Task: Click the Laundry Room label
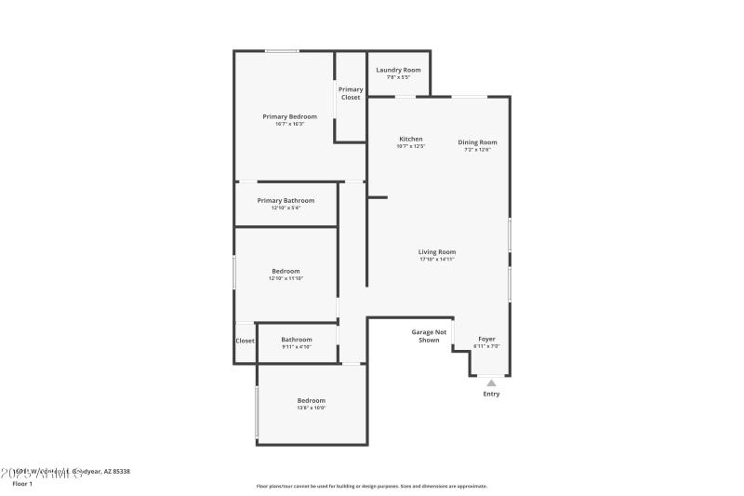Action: click(399, 70)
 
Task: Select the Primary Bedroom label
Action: click(289, 116)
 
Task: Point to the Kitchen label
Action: click(411, 139)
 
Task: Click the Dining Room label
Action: click(477, 142)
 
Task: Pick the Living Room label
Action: click(436, 251)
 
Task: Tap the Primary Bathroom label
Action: click(286, 200)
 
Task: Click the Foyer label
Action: click(486, 339)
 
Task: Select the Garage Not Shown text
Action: click(429, 336)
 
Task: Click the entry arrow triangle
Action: click(491, 382)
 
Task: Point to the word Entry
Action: click(491, 394)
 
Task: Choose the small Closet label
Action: click(245, 341)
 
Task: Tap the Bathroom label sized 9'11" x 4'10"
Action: click(297, 340)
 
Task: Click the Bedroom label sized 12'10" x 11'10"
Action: click(286, 271)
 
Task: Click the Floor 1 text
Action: click(22, 484)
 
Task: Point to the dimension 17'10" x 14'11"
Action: click(436, 260)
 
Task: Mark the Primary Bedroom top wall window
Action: click(282, 50)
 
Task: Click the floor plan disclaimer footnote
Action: click(372, 486)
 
